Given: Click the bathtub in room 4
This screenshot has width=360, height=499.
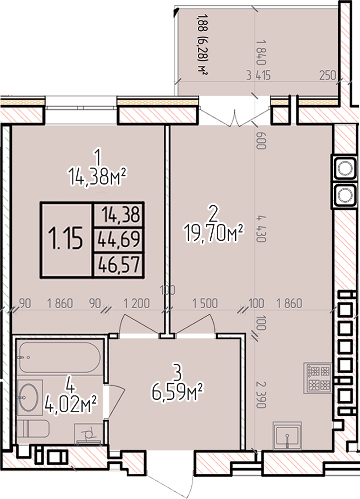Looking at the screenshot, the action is coord(60,357).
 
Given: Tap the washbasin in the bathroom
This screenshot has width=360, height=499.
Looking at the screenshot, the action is coord(29,397).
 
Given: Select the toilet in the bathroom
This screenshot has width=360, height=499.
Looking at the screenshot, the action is coord(33,428).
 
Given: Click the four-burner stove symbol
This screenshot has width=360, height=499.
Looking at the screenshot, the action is coord(318,378).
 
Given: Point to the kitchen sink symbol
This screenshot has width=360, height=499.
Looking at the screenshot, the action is coord(288,436).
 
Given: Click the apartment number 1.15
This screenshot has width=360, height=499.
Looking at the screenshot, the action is coord(65,238).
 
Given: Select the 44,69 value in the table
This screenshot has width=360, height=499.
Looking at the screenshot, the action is coord(119,239).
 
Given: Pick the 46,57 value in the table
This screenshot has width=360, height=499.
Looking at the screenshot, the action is coord(119,265).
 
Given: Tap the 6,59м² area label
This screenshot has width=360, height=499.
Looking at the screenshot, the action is coord(178,392).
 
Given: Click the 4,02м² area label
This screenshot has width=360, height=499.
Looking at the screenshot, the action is coord(71,403).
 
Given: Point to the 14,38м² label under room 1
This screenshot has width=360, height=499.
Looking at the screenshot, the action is coord(97,176).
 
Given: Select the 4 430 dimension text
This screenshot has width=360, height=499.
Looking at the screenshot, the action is coord(261,229).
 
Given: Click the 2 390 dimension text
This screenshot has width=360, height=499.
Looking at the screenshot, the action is coord(261,394).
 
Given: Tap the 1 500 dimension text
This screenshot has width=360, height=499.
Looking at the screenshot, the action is coord(205,303).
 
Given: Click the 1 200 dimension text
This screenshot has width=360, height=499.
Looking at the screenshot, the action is coord(136,303).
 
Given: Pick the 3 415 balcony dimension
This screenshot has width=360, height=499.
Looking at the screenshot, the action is coord(259,75).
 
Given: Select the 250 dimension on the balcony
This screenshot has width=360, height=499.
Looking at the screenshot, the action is coord(328,75).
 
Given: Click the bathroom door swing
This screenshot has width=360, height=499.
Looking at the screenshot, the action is coord(116,400).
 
